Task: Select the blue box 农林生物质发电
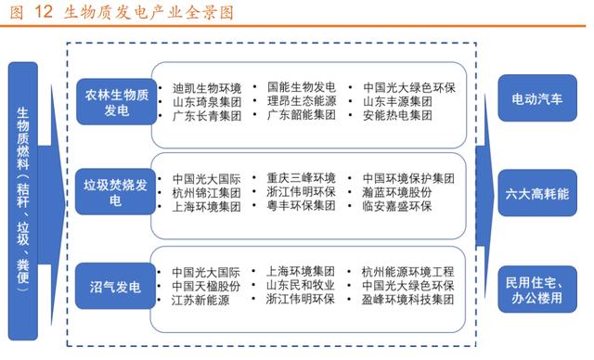coord(116,100)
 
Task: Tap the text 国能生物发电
coord(302,86)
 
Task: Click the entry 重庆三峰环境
coord(303,177)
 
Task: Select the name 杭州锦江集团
coord(206,192)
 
